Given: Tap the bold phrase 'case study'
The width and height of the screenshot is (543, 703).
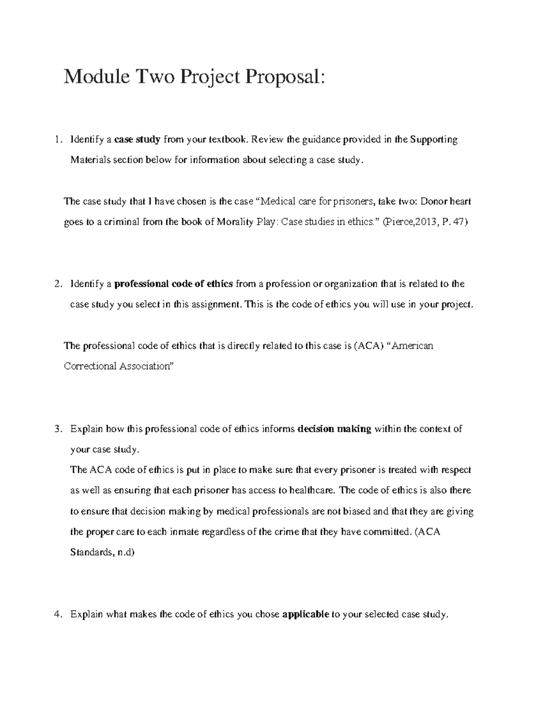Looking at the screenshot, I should tap(137, 139).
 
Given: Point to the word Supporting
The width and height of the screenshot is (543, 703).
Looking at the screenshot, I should tap(433, 139).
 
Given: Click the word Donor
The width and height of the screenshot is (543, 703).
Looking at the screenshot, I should tap(433, 201).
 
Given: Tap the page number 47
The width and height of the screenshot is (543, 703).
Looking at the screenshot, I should tap(457, 222).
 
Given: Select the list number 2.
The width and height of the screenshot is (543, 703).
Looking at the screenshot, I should tap(57, 284).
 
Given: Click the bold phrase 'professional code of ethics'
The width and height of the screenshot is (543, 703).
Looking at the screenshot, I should tap(174, 284).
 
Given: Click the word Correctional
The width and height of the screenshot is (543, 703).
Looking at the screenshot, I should tap(90, 366).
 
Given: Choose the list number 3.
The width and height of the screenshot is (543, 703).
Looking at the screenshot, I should tap(57, 429).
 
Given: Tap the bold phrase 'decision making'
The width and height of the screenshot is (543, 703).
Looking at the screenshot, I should tap(334, 429).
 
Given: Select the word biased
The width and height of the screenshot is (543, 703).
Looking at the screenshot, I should tap(357, 512).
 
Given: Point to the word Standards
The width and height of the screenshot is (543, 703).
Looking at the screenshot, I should tap(90, 552).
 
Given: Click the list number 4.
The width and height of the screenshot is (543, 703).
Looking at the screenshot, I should tap(57, 614).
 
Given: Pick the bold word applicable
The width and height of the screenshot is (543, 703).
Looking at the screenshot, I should tap(305, 614).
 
